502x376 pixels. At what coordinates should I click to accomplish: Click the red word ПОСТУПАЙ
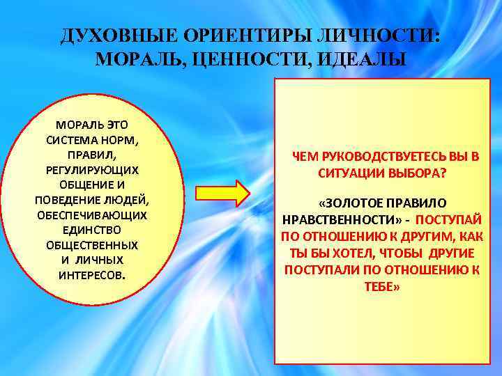pyautogui.click(x=453, y=219)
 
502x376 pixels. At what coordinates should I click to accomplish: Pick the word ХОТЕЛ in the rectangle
pyautogui.click(x=356, y=252)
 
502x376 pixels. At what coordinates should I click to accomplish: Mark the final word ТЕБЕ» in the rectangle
pyautogui.click(x=382, y=285)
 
